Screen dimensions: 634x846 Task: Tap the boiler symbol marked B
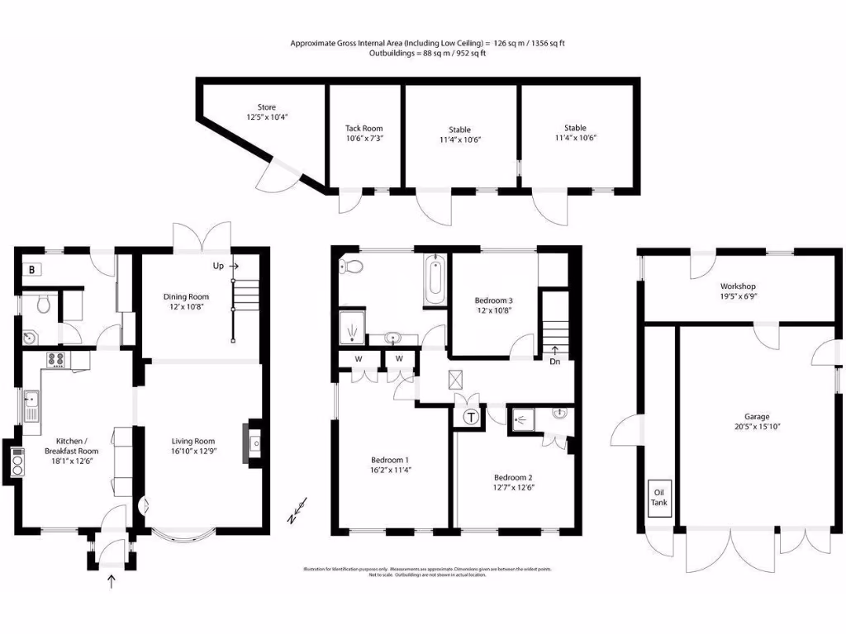click(32, 269)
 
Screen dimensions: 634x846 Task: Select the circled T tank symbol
click(471, 418)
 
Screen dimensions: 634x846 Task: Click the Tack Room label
click(364, 129)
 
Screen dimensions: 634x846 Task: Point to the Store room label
click(266, 107)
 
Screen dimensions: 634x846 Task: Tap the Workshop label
click(739, 286)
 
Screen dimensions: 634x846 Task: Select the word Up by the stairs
click(220, 267)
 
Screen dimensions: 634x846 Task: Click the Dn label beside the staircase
click(556, 361)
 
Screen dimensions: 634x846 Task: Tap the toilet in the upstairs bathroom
click(352, 266)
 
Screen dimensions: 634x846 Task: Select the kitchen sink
click(33, 406)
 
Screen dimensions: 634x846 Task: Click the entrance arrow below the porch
click(112, 582)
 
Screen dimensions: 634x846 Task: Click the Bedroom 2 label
click(513, 478)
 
